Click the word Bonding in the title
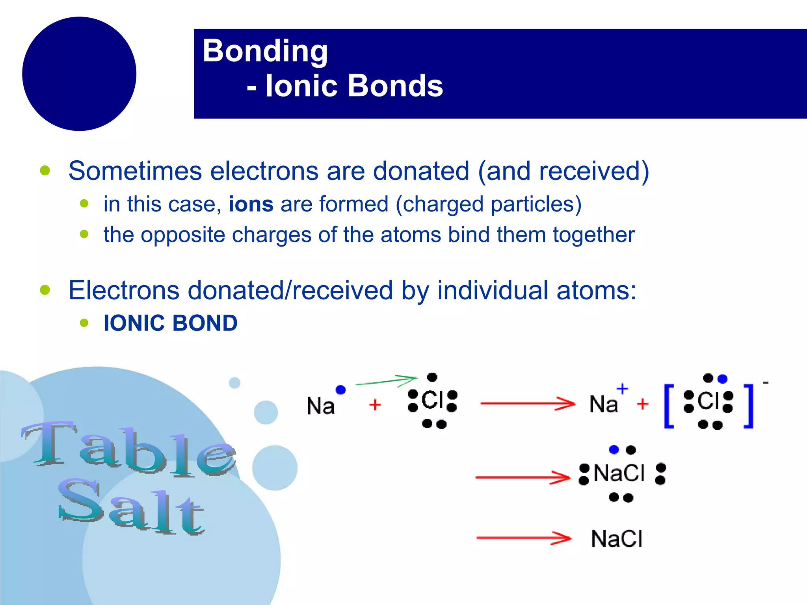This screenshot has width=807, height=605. point(265,51)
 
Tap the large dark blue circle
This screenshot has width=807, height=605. point(79,74)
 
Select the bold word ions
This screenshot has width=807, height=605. point(251,204)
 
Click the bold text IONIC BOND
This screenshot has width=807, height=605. point(170,323)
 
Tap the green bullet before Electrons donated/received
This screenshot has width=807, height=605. point(45,290)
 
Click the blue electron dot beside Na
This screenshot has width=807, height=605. point(340,390)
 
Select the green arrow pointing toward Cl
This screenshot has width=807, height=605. point(386,381)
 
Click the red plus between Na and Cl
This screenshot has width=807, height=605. point(375,405)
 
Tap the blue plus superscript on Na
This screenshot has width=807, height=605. point(622,389)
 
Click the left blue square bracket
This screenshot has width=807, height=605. point(669,406)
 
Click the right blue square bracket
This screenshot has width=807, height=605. point(749,406)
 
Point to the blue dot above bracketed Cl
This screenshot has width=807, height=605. point(722,379)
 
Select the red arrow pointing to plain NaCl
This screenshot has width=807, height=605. point(523,538)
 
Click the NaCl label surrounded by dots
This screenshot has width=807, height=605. point(619,473)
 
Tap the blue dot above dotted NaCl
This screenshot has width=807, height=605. point(614,449)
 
